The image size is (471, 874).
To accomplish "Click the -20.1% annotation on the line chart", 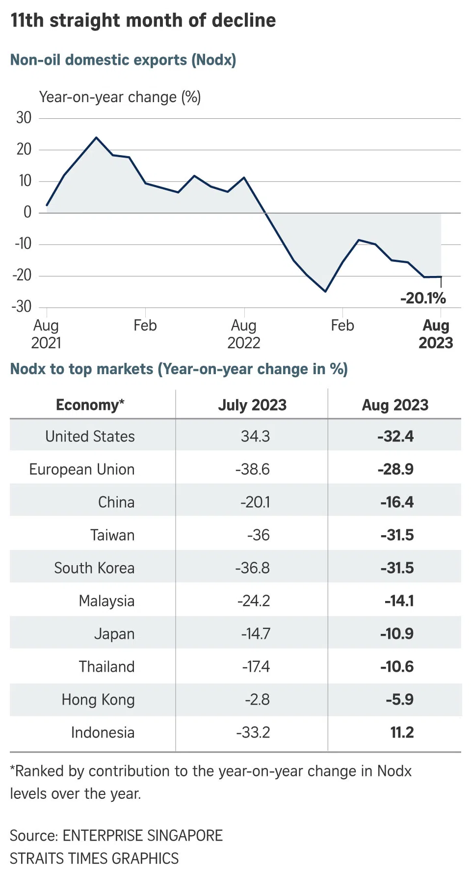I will [423, 298].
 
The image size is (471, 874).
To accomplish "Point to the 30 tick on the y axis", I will [24, 118].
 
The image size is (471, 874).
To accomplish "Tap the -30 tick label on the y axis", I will [22, 307].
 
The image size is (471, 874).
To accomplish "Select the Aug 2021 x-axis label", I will [46, 334].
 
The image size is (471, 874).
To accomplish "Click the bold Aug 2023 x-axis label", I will [436, 334].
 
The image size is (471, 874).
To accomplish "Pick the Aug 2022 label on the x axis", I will [244, 334].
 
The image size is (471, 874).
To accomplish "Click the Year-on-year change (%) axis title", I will [120, 97].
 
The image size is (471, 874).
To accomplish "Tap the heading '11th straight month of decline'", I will [143, 21].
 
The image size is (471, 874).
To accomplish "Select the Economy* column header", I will [90, 405].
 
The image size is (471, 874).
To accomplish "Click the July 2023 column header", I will [252, 405].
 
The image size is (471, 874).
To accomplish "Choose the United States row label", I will [90, 437].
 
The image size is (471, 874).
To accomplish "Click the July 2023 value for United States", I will [255, 437].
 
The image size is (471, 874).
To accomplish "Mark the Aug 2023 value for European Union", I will [395, 469].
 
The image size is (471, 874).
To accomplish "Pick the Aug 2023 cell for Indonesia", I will [402, 733].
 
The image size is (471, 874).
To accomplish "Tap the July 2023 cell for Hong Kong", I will [258, 700].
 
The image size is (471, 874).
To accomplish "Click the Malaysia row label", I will [106, 601].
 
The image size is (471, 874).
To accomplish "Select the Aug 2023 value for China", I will [396, 502].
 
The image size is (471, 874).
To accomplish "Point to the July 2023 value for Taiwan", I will [259, 535].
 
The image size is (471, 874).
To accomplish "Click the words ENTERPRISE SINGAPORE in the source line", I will [143, 836].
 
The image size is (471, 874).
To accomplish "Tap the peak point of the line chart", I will [96, 137].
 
